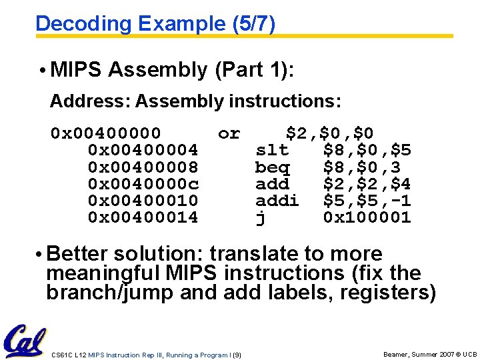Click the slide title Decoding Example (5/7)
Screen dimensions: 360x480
[155, 23]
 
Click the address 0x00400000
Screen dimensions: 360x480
[105, 133]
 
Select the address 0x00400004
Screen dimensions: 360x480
[143, 150]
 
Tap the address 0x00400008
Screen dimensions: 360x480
[143, 167]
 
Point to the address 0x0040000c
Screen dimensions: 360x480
[143, 183]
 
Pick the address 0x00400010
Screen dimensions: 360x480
[143, 200]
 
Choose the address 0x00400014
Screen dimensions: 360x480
[143, 217]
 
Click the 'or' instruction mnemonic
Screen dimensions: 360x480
[229, 133]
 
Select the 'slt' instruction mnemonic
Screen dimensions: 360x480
[272, 150]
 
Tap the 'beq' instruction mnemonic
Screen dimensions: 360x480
[272, 167]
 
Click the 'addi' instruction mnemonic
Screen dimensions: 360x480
[277, 200]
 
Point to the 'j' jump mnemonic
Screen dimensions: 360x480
[261, 218]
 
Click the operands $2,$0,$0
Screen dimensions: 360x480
[329, 133]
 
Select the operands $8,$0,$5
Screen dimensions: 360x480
[367, 150]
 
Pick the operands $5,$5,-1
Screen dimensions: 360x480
[367, 200]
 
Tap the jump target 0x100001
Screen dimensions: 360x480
[367, 217]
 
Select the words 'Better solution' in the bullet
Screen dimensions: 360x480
[114, 254]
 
